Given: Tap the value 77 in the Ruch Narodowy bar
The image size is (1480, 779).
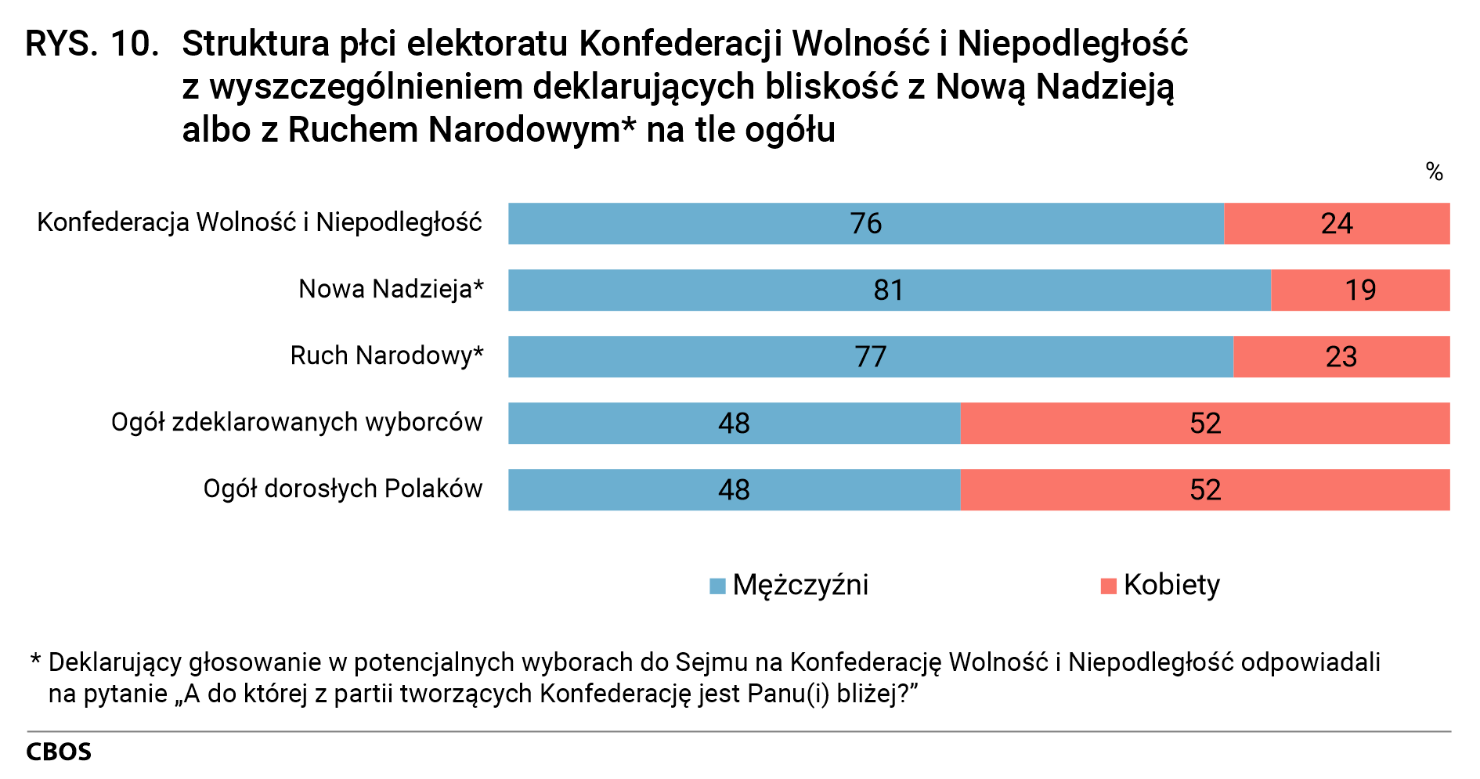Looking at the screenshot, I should [x=870, y=357].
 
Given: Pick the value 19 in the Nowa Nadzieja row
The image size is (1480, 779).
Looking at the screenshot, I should [x=1360, y=290].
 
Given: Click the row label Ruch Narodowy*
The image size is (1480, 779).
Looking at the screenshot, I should [x=387, y=356].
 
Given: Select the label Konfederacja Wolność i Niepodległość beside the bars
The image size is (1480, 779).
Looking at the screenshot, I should [x=259, y=223].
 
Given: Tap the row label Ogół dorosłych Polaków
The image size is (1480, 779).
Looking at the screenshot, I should [x=342, y=489].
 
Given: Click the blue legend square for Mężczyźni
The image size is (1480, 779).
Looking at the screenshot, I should [x=717, y=586].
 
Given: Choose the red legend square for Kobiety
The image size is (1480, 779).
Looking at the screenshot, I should [x=1108, y=586].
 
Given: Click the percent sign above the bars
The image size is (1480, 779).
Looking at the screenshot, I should [x=1434, y=172].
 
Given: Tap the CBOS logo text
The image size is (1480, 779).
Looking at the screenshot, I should [x=59, y=752].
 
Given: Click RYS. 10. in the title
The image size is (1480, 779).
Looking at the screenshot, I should [x=92, y=45].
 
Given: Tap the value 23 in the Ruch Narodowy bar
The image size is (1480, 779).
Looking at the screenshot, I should [x=1341, y=357].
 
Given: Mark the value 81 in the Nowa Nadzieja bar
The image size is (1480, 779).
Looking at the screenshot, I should [x=889, y=290].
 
